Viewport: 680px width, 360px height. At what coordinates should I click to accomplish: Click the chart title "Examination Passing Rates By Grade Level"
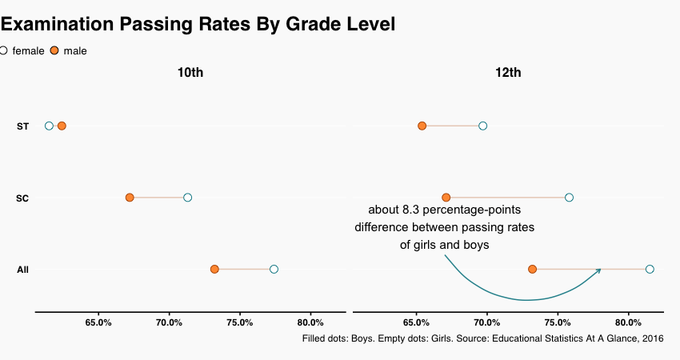pos(198,24)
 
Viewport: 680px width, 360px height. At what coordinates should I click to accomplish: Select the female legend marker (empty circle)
pos(3,50)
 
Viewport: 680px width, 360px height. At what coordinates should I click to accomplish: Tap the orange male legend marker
pos(54,50)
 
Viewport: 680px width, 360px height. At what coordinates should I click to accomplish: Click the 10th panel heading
pos(190,73)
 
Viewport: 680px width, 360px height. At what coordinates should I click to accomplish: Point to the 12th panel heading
pos(508,73)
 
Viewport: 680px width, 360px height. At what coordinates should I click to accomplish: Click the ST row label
pos(22,126)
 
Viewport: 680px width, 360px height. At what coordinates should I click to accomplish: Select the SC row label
pos(22,198)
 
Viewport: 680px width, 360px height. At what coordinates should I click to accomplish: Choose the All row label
pos(22,270)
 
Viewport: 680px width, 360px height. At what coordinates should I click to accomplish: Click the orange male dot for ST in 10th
pos(62,126)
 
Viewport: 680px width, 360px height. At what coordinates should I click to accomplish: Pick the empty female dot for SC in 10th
pos(187,198)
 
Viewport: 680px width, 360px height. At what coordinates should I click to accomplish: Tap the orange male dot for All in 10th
pos(214,269)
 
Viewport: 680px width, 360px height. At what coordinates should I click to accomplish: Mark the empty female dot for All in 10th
pos(274,269)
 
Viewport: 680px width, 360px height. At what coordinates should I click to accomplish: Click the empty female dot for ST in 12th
pos(482,126)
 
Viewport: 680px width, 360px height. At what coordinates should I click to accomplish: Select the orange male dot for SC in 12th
pos(446,198)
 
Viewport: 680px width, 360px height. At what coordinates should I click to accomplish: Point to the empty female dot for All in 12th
pos(650,269)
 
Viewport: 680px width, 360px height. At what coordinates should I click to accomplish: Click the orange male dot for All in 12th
pos(532,269)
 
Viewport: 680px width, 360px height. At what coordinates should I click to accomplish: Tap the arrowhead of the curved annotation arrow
pos(598,271)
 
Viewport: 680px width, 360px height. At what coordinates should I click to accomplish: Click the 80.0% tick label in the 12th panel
pos(628,322)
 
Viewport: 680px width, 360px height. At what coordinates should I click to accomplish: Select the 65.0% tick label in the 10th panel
pos(98,322)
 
